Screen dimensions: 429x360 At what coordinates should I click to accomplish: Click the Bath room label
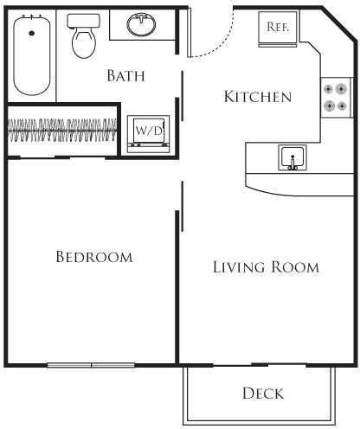[125, 76]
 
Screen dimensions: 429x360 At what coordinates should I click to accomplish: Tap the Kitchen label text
[257, 96]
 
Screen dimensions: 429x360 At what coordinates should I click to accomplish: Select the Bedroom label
[93, 257]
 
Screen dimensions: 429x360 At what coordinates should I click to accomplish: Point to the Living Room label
[266, 267]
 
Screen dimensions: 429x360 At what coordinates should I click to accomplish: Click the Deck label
[262, 394]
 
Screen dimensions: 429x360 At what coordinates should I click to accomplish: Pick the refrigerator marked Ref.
[277, 27]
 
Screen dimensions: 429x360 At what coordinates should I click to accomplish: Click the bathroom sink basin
[141, 24]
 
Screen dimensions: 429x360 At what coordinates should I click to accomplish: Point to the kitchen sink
[292, 158]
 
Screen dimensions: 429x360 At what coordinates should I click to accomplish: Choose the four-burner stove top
[337, 98]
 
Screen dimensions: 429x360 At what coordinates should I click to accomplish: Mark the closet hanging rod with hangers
[61, 131]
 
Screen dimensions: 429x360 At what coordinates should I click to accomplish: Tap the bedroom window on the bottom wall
[92, 365]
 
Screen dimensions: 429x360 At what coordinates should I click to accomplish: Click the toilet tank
[84, 21]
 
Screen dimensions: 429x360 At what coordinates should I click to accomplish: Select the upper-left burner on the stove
[330, 89]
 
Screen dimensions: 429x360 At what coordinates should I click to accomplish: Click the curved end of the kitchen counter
[260, 184]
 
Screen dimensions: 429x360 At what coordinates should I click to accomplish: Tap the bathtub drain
[32, 33]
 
